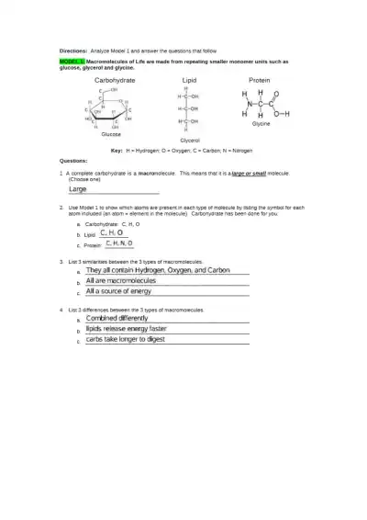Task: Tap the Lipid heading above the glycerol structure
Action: point(189,81)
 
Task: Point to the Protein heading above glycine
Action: point(260,81)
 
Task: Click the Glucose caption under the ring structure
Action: point(111,134)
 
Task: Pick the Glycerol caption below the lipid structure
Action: point(190,141)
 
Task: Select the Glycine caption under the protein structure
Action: point(261,123)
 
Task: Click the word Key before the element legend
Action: point(117,150)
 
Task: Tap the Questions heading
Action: point(73,159)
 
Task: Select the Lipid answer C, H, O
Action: point(111,233)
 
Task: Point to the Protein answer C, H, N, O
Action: point(118,244)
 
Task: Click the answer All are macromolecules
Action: point(120,281)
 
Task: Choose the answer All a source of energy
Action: point(118,291)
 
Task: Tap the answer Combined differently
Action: point(117,319)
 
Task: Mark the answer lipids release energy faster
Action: point(127,329)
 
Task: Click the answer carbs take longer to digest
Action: point(125,339)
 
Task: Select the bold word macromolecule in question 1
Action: point(157,173)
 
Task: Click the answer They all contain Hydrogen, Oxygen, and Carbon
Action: point(158,271)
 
